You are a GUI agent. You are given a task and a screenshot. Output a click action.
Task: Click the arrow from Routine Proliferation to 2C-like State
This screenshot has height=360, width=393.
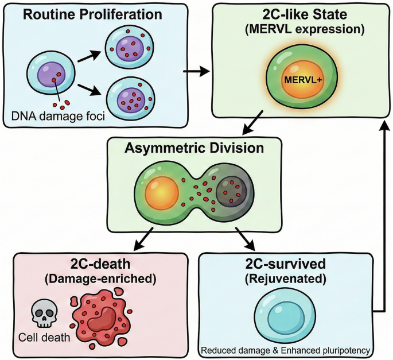coord(196,72)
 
